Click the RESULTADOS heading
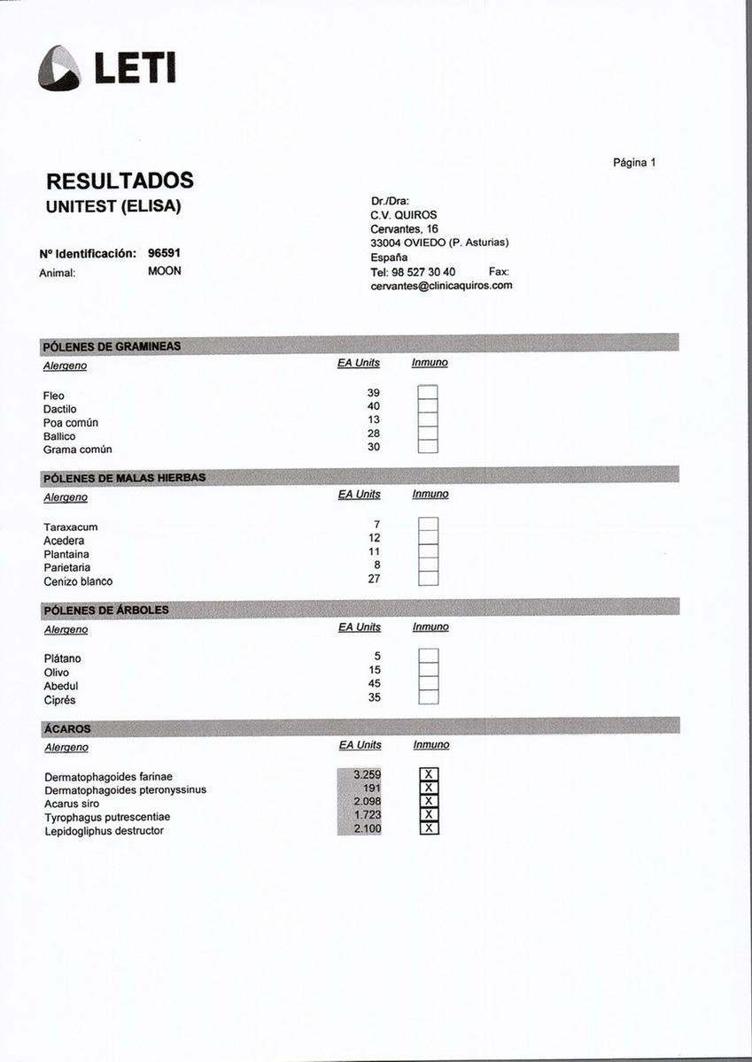tap(120, 181)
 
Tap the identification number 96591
tap(165, 253)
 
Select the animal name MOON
tap(165, 271)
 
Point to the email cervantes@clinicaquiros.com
tap(441, 286)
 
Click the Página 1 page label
tap(634, 163)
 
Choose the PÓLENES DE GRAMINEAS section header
tap(112, 346)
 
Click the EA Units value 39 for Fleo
tap(373, 392)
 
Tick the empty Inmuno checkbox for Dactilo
tap(428, 406)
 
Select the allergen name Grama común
tap(77, 450)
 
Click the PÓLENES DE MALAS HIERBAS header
tap(124, 478)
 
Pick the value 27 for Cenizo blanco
tap(374, 579)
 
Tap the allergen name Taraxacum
tap(71, 527)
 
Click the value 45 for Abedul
tap(374, 684)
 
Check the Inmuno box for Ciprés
tap(429, 697)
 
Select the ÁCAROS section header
tap(67, 729)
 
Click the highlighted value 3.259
tap(367, 775)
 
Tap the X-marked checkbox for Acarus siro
tap(429, 802)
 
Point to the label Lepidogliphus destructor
tap(104, 831)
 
